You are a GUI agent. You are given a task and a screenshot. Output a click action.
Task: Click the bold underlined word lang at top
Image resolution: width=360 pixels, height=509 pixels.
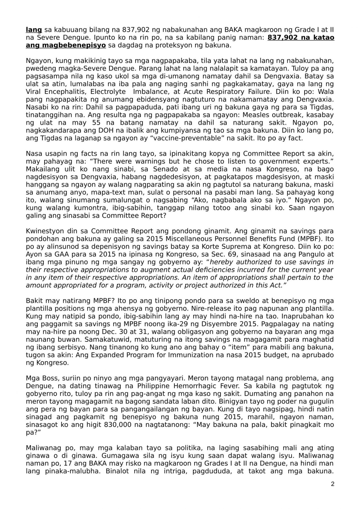coord(34,30)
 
